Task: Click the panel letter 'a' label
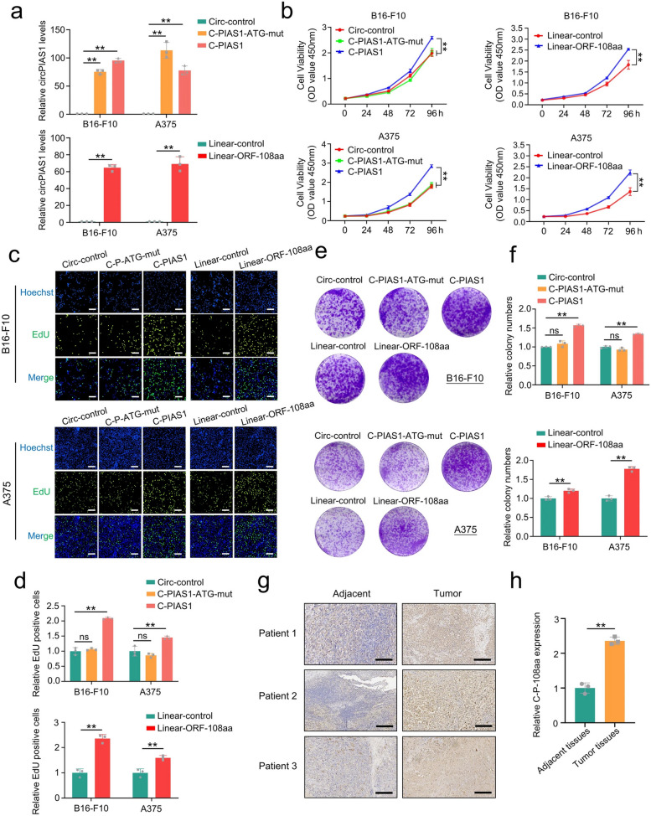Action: tap(8, 10)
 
